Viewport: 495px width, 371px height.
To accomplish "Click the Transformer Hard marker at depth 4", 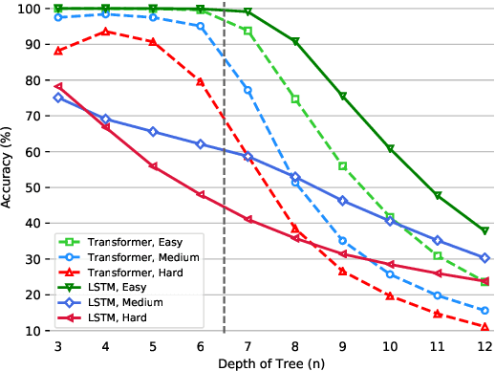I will [106, 32].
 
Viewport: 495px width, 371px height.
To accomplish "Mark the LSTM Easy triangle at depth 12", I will [484, 231].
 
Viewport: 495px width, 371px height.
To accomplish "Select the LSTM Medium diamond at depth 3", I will [58, 98].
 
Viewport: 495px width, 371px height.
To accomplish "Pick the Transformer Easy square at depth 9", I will [342, 166].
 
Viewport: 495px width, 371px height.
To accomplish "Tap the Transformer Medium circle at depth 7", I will [247, 90].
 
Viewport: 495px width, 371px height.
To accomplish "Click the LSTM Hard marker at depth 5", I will [153, 166].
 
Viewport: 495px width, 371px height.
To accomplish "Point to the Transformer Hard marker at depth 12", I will [484, 326].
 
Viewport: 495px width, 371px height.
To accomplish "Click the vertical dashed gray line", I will [224, 191].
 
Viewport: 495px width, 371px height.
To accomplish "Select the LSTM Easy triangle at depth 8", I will [295, 42].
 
